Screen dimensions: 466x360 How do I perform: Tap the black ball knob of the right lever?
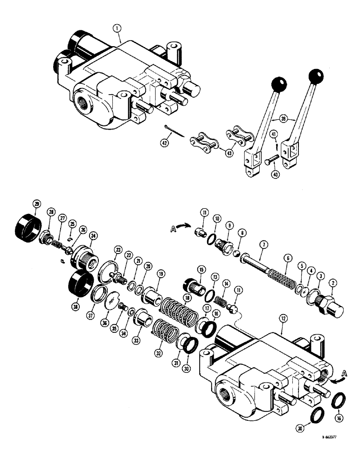(317, 75)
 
